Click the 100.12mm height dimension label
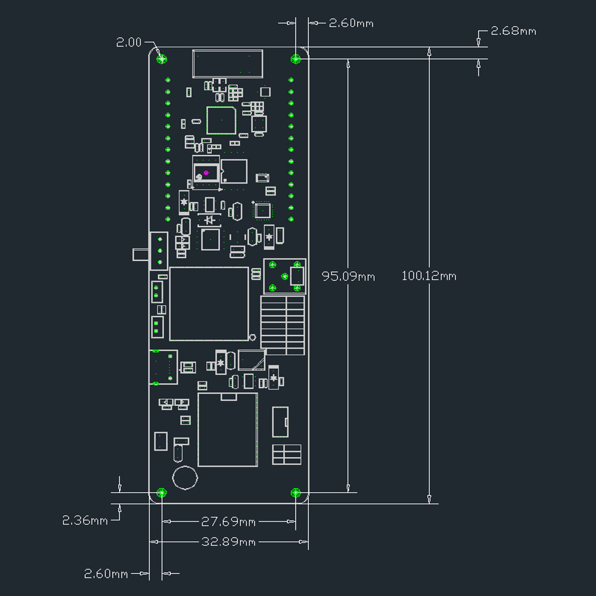click(429, 276)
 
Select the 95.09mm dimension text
click(348, 277)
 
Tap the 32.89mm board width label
click(228, 542)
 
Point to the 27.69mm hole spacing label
click(228, 522)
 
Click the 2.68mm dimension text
click(513, 31)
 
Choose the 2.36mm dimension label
click(85, 520)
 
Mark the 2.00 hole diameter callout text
click(129, 42)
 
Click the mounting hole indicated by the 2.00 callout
click(161, 58)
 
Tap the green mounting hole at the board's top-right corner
click(295, 58)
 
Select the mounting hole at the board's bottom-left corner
click(161, 492)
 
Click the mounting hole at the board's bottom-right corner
click(295, 492)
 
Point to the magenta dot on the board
click(206, 173)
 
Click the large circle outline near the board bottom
click(185, 477)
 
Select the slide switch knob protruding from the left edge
click(141, 254)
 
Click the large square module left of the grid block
click(209, 303)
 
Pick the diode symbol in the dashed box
click(209, 221)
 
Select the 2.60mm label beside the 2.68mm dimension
click(351, 23)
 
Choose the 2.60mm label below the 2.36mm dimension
click(106, 574)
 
